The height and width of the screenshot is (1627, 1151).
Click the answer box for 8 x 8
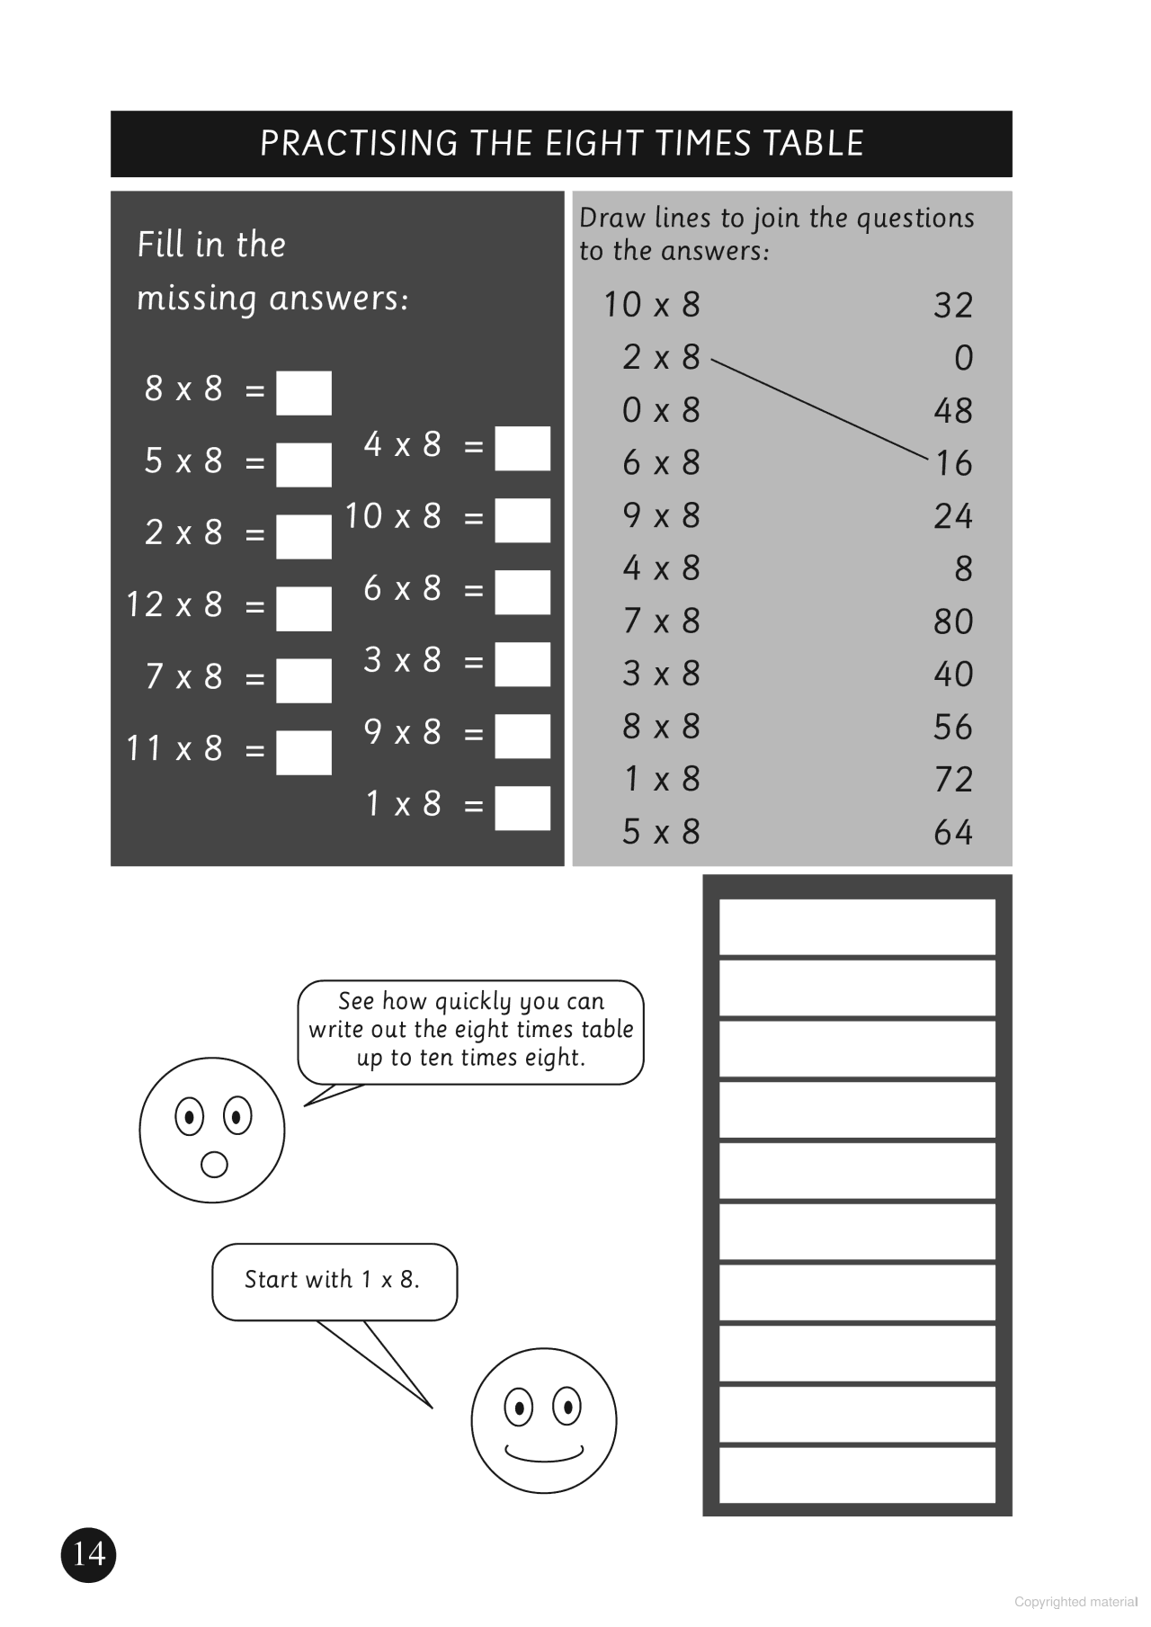(303, 393)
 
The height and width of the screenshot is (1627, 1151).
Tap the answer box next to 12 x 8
(303, 609)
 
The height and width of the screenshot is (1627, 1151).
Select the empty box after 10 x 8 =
(522, 521)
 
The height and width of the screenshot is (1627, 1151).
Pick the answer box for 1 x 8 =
(522, 809)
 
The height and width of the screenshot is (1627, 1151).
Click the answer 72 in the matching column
(953, 780)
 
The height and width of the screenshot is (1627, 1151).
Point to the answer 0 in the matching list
(963, 359)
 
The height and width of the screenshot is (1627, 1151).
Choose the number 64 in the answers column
(953, 833)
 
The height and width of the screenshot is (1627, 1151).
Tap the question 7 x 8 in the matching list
(661, 621)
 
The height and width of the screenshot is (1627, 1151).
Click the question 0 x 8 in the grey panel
(661, 411)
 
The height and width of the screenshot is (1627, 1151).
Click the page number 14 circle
(89, 1554)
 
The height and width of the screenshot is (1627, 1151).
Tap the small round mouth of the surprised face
(214, 1165)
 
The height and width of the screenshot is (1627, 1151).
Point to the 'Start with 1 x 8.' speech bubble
(334, 1281)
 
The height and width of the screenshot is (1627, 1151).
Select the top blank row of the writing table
(857, 926)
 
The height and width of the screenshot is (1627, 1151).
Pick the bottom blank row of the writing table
(857, 1474)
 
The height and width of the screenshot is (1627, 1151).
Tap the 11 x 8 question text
(174, 748)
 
